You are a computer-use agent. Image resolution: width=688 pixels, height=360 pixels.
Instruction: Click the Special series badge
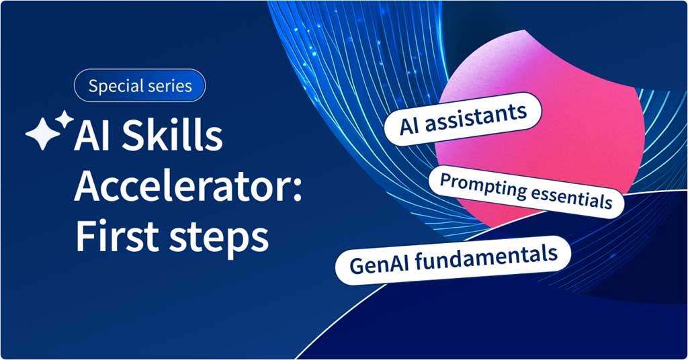(x=140, y=85)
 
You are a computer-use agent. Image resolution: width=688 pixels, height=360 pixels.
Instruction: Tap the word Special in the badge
(x=115, y=87)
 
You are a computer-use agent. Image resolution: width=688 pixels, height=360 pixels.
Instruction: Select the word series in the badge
(x=169, y=85)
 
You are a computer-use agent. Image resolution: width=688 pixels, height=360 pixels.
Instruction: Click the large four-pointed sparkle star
(x=43, y=134)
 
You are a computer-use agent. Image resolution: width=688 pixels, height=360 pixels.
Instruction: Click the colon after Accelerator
(x=298, y=191)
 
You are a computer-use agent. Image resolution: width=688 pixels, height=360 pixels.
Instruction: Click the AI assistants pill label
(x=462, y=119)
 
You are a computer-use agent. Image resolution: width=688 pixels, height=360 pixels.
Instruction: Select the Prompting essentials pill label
(x=526, y=191)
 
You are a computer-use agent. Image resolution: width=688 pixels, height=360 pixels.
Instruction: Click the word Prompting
(x=482, y=186)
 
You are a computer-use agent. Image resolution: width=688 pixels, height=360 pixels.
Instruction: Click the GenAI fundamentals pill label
(x=453, y=261)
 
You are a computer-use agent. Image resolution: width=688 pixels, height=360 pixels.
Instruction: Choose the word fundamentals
(x=486, y=257)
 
